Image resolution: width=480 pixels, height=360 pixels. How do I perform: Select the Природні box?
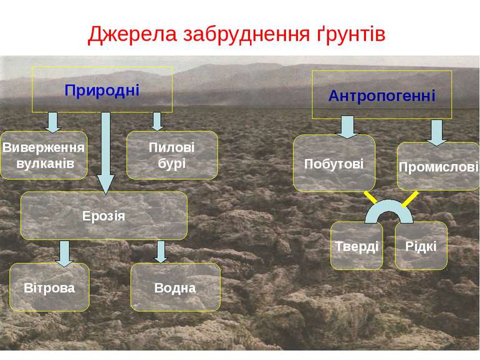tap(102, 89)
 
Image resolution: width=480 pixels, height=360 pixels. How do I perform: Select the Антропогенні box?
tap(382, 95)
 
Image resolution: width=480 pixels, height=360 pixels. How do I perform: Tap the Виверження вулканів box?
tap(44, 155)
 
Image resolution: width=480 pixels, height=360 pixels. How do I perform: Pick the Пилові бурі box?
tap(172, 155)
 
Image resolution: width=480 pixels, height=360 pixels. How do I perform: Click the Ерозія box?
tap(104, 216)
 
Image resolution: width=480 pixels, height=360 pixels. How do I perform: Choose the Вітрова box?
tap(50, 288)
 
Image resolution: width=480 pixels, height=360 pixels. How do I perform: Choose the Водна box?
tap(175, 288)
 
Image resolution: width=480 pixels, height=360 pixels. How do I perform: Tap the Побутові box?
tap(334, 163)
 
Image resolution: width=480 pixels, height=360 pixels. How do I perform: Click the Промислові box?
tap(438, 167)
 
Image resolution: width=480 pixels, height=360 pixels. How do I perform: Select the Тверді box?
tap(357, 246)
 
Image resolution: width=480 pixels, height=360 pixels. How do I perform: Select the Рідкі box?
tap(421, 246)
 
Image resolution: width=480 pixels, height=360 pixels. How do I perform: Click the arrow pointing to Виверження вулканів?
tap(54, 122)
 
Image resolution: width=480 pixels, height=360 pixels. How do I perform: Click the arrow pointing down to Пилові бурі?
tap(158, 121)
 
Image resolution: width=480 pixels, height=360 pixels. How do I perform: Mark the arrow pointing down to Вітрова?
tap(64, 251)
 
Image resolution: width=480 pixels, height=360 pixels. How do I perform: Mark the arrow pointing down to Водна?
tap(161, 251)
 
